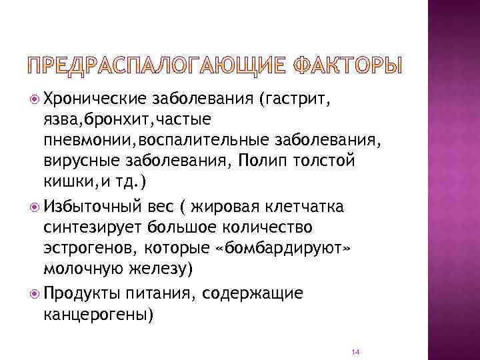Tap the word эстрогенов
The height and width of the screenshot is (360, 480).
coord(86,248)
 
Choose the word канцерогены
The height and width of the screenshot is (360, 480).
coord(98,314)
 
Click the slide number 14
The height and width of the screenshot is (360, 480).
coord(355,351)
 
